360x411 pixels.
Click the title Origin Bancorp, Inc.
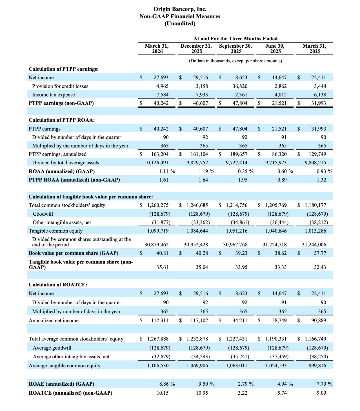click(x=180, y=9)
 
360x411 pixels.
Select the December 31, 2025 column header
click(x=196, y=48)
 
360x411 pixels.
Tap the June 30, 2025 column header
click(x=275, y=48)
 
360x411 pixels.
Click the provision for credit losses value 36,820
click(x=240, y=86)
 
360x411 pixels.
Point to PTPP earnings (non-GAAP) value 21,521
click(x=279, y=103)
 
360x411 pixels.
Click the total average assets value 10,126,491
click(x=156, y=163)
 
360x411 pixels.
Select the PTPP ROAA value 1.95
click(x=243, y=180)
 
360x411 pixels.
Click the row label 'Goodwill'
click(x=43, y=214)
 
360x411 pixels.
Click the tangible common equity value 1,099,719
click(x=158, y=231)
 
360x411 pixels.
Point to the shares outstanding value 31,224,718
click(x=275, y=245)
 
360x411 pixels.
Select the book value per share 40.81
click(x=162, y=253)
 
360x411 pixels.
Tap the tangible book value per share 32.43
click(x=320, y=267)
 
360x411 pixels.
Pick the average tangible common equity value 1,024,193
click(x=276, y=366)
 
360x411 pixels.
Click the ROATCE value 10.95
click(x=202, y=392)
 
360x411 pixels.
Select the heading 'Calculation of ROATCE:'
click(x=58, y=285)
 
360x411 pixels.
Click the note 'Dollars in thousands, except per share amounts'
click(x=235, y=61)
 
